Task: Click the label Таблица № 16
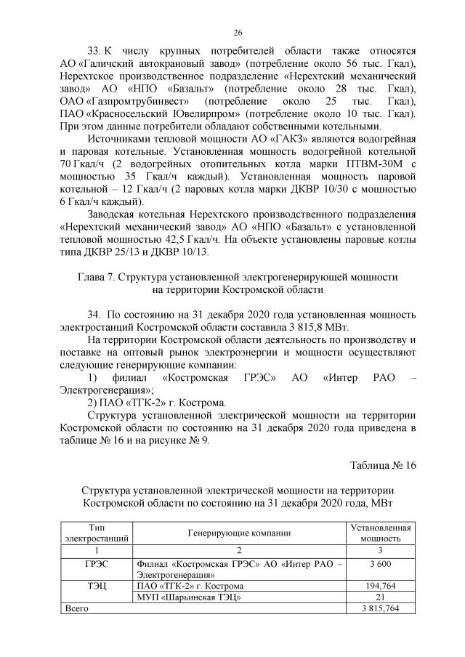pyautogui.click(x=382, y=465)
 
